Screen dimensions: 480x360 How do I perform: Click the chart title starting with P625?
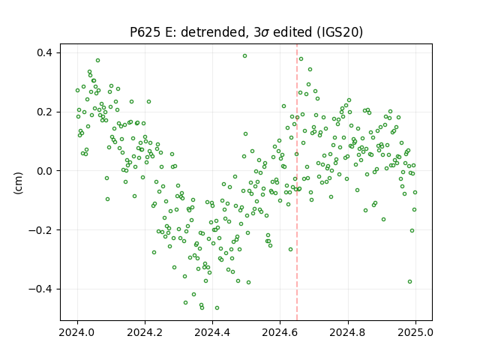coord(246,32)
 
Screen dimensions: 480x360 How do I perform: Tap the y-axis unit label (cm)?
coord(18,183)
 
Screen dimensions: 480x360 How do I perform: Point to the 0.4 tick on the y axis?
coord(45,53)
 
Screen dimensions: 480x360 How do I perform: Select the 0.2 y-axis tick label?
coord(45,112)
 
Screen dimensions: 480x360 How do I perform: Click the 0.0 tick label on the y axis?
coord(45,171)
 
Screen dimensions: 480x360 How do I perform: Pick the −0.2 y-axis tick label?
coord(40,230)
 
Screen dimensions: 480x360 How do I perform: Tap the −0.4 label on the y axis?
coord(40,289)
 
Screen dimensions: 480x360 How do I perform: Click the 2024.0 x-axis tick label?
coord(77,332)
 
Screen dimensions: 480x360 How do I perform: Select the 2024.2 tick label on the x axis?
coord(145,332)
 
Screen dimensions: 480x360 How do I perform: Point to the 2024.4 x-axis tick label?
coord(212,332)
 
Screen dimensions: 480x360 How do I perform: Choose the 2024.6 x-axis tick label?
coord(280,332)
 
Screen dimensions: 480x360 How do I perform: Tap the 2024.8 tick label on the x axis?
coord(348,332)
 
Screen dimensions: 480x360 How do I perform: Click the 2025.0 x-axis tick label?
coord(415,332)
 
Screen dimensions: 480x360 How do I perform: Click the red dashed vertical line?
coord(297,182)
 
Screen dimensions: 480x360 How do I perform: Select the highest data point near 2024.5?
coord(245,56)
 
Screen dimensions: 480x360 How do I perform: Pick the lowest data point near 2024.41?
coord(217,308)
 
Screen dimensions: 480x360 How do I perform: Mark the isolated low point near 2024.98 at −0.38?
coord(410,282)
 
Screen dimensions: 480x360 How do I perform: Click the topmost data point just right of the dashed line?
coord(301,58)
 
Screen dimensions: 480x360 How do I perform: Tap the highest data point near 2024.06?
coord(98,60)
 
